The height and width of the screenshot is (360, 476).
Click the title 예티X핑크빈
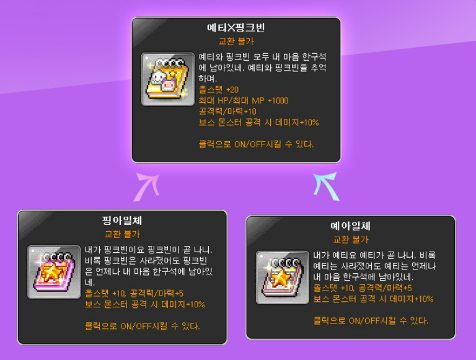[236, 29]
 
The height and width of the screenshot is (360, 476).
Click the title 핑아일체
[122, 221]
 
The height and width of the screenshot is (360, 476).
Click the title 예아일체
[350, 226]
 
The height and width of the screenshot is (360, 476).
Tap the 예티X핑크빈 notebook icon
[167, 79]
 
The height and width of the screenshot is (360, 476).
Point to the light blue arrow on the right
[326, 186]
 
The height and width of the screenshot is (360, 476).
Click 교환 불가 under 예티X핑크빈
[236, 42]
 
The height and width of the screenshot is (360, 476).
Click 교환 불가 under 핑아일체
[122, 234]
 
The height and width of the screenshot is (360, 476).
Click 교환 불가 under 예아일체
[350, 239]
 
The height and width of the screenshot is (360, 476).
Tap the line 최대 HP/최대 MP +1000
[244, 100]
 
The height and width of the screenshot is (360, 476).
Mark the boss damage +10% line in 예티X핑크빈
[258, 123]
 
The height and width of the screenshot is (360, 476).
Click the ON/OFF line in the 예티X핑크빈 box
[256, 144]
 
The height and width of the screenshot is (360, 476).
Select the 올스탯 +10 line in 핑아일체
[133, 293]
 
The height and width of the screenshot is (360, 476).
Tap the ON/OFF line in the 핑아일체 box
[142, 326]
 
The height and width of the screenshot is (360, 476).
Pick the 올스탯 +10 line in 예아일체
[363, 288]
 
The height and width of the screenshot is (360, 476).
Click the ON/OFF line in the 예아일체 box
[371, 320]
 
